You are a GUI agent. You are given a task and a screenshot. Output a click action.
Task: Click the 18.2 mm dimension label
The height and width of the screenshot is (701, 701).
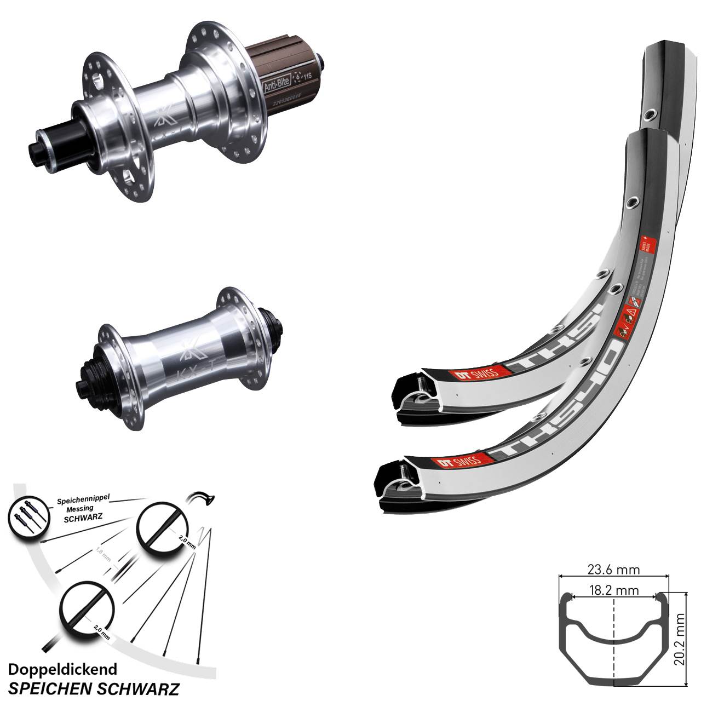pyautogui.click(x=613, y=590)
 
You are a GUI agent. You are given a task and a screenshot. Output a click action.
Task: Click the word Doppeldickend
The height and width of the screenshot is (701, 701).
pyautogui.click(x=62, y=669)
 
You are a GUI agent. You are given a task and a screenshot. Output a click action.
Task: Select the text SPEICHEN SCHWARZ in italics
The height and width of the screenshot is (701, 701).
pyautogui.click(x=94, y=687)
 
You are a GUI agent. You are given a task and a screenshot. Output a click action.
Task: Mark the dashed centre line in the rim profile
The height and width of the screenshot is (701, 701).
pyautogui.click(x=613, y=646)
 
